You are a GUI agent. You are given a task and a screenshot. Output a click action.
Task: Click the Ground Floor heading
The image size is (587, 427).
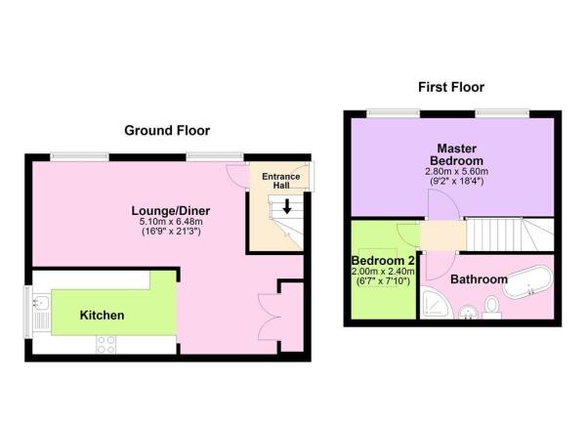(167, 130)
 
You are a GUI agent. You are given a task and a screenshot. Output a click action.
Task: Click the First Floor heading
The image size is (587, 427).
(451, 87)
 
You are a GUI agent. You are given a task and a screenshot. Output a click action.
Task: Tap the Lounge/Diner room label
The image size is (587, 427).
(170, 210)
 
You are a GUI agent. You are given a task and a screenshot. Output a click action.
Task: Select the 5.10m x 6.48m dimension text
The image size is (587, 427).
(171, 222)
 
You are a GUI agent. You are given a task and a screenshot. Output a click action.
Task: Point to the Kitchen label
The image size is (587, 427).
(102, 315)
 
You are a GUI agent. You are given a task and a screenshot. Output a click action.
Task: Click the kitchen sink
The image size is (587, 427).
(41, 301)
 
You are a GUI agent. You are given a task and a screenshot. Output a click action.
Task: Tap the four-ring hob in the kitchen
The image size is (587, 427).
(105, 345)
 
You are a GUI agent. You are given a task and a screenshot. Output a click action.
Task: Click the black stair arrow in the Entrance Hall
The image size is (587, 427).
(287, 206)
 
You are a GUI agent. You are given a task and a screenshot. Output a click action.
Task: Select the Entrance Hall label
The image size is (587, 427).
(281, 181)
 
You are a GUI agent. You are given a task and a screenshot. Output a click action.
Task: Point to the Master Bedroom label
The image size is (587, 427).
(457, 154)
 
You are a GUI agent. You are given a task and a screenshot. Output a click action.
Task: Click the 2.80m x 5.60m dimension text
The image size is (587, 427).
(457, 172)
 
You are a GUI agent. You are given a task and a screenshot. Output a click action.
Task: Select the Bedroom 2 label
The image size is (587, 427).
(383, 260)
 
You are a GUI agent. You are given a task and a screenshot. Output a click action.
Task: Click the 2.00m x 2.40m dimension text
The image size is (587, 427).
(383, 272)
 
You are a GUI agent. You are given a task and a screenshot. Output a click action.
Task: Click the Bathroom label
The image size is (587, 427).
(479, 279)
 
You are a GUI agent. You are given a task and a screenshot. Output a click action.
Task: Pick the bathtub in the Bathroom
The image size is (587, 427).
(527, 282)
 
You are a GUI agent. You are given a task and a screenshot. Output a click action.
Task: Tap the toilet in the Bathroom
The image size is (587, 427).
(492, 308)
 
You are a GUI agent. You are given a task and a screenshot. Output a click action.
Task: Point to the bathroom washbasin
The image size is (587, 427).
(468, 313)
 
